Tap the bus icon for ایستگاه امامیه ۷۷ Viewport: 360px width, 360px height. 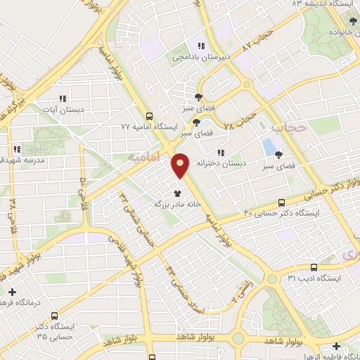pyautogui.click(x=148, y=117)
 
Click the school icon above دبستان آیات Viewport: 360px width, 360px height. pyautogui.click(x=62, y=99)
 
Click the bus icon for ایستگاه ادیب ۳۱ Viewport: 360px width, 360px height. pyautogui.click(x=314, y=266)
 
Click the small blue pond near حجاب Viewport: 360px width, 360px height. pyautogui.click(x=269, y=148)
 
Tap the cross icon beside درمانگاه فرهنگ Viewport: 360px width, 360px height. pyautogui.click(x=12, y=291)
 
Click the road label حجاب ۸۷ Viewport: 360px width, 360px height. pyautogui.click(x=256, y=39)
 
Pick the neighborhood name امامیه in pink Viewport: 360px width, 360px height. pyautogui.click(x=143, y=157)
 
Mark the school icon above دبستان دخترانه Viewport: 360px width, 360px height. pyautogui.click(x=221, y=153)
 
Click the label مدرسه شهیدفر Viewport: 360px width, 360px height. pyautogui.click(x=17, y=160)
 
